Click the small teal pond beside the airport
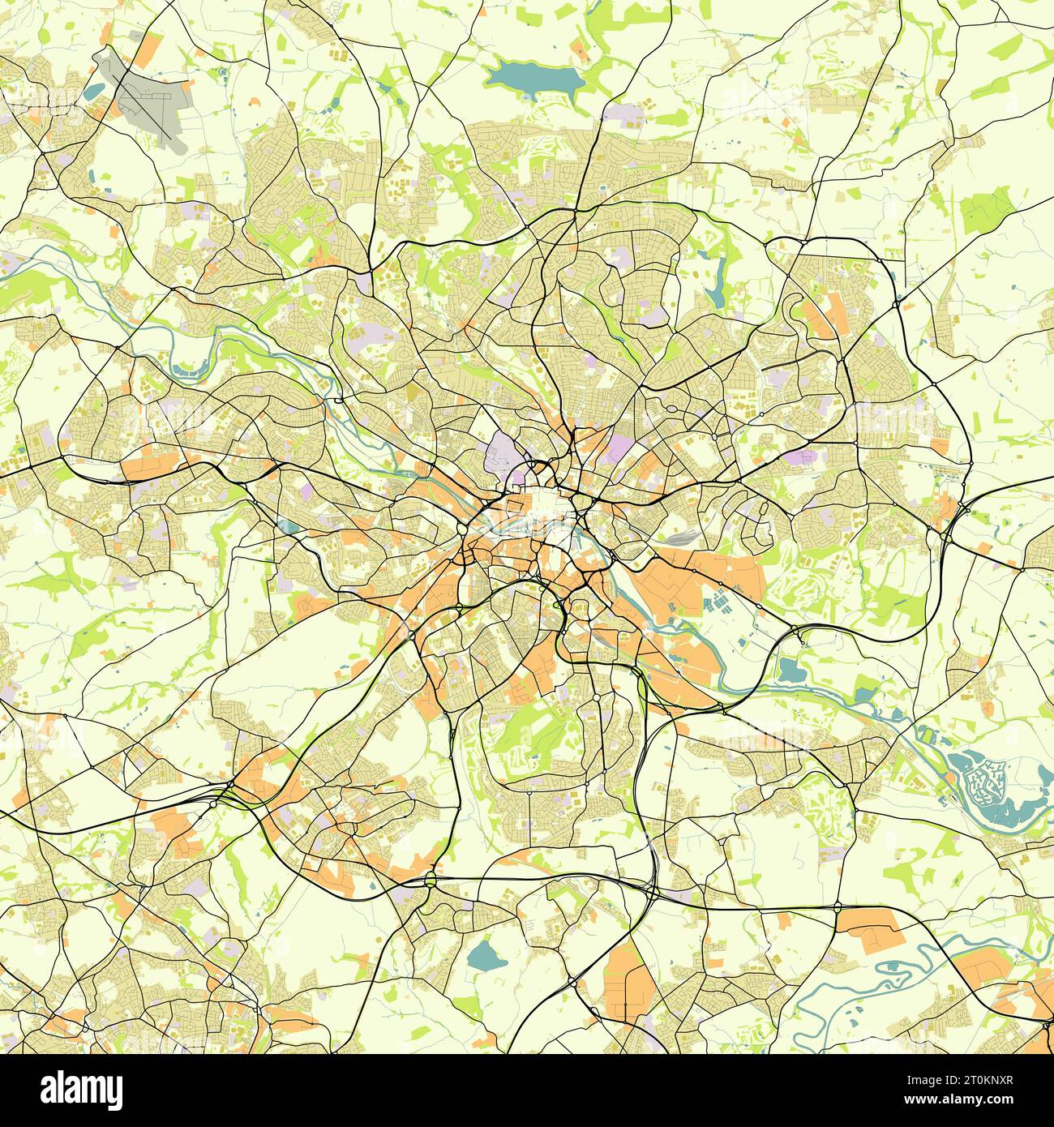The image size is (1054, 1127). [x=93, y=90]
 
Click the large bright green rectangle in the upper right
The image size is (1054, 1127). [x=985, y=209]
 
